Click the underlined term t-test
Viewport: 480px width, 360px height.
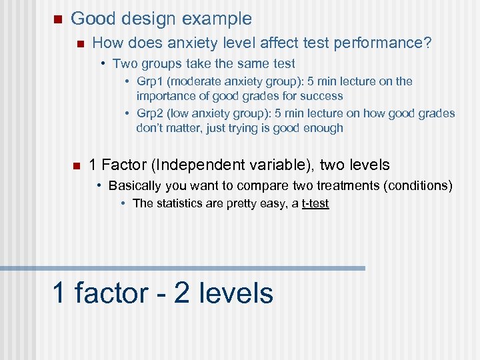pos(315,203)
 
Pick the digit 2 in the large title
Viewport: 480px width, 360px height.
pos(182,293)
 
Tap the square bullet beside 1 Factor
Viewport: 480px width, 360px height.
pos(77,165)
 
